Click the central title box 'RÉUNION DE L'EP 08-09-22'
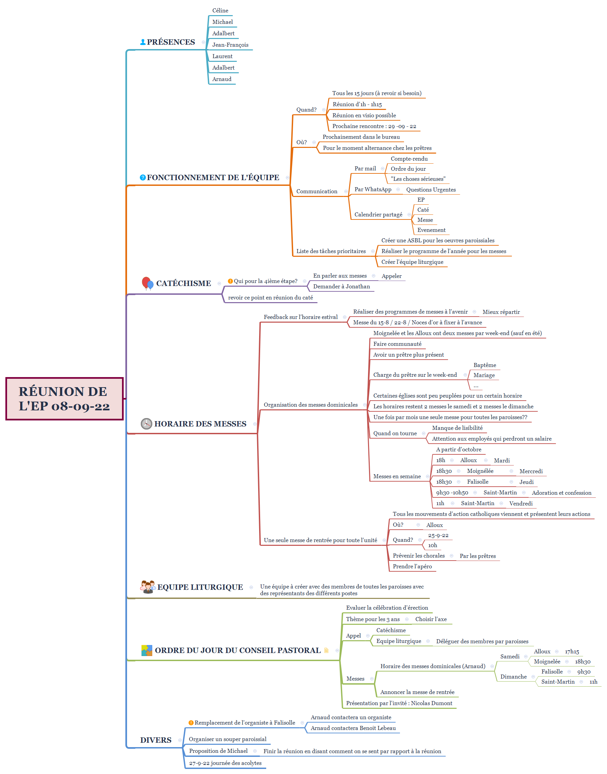coord(64,398)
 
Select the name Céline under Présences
coord(220,11)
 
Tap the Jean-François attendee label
coord(230,45)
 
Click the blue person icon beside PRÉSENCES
coord(143,42)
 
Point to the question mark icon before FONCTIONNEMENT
coord(143,177)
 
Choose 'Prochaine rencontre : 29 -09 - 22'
coord(374,126)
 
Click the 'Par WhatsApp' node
coord(373,190)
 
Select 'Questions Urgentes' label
coord(431,190)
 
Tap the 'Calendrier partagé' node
coord(378,215)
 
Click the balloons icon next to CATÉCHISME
coord(148,283)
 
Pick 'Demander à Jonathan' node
coord(341,286)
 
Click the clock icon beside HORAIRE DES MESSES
coord(147,423)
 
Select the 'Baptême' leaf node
coord(485,365)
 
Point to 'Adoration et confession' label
coord(562,493)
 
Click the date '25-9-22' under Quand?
coord(438,535)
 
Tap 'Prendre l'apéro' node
coord(412,566)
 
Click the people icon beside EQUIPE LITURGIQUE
coord(148,587)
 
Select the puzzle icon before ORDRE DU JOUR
coord(147,650)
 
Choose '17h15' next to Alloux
coord(572,652)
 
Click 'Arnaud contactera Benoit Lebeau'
coord(353,728)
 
